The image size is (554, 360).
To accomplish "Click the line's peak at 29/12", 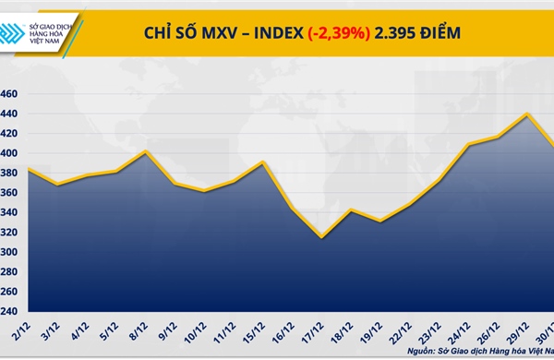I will point(526,114).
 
